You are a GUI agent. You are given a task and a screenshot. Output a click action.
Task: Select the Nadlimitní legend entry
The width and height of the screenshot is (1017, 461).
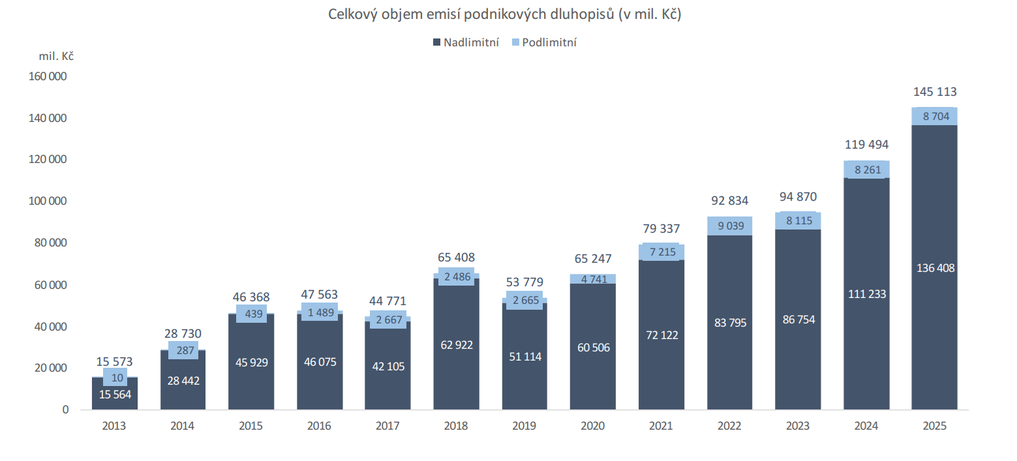[471, 42]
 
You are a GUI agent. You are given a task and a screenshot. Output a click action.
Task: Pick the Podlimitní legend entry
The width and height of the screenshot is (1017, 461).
[549, 42]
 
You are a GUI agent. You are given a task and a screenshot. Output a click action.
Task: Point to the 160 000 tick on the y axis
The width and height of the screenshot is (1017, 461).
[48, 76]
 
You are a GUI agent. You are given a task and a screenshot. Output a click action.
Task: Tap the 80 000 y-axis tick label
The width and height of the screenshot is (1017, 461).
[50, 243]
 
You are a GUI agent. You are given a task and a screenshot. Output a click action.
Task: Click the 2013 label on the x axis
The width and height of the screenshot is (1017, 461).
[114, 426]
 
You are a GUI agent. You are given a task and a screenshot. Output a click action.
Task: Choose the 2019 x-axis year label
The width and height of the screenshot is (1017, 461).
[524, 426]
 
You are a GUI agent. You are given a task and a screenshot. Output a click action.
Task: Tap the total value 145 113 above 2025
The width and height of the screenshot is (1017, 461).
[934, 92]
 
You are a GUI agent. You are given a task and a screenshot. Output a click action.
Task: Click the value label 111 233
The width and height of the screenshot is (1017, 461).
[866, 294]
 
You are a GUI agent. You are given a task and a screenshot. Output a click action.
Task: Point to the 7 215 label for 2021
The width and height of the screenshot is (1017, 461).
[661, 252]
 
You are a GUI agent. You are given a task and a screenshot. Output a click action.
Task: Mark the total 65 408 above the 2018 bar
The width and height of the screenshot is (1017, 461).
[455, 257]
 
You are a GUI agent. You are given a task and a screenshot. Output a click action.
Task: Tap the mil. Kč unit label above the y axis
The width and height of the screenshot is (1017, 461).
[56, 57]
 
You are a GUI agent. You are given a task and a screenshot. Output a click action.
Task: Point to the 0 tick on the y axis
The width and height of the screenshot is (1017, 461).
[65, 410]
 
